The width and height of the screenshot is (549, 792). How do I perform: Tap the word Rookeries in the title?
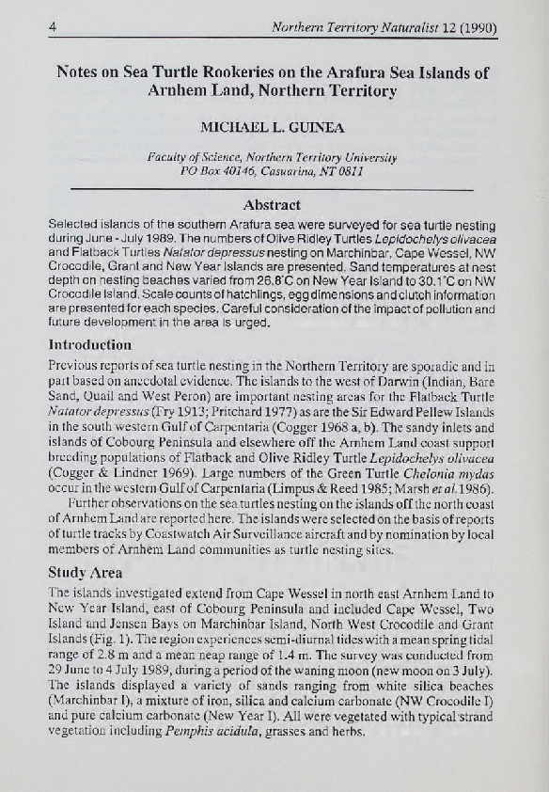pos(220,71)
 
